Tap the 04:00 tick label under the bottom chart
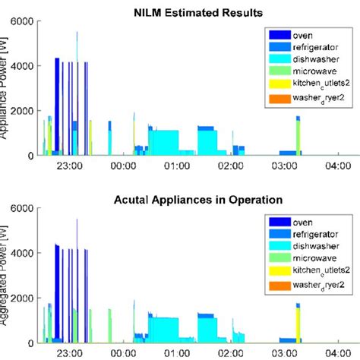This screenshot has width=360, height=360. [x=338, y=354]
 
